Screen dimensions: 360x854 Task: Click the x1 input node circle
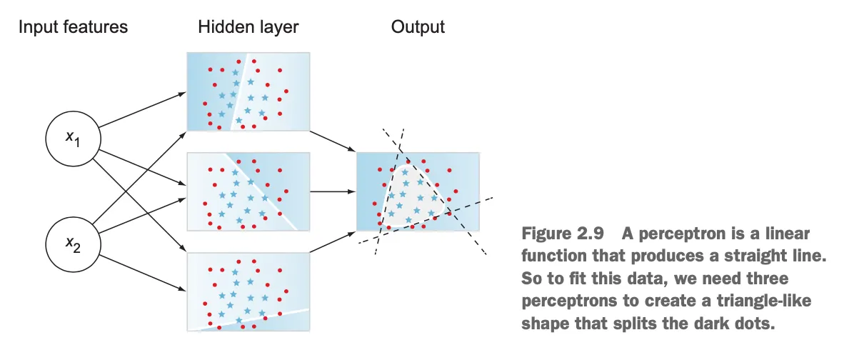tap(72, 138)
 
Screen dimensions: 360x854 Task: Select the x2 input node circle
tap(72, 244)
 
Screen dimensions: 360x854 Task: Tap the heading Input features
tap(73, 28)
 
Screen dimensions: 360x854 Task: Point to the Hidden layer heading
tap(248, 28)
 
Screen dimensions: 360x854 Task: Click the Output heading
tap(418, 28)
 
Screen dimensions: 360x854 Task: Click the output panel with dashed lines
tap(418, 191)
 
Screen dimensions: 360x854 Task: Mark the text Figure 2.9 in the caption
tap(557, 234)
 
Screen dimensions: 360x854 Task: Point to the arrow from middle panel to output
tap(332, 191)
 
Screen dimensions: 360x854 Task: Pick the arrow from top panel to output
tap(333, 141)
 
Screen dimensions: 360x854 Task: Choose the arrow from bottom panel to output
tap(333, 242)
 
